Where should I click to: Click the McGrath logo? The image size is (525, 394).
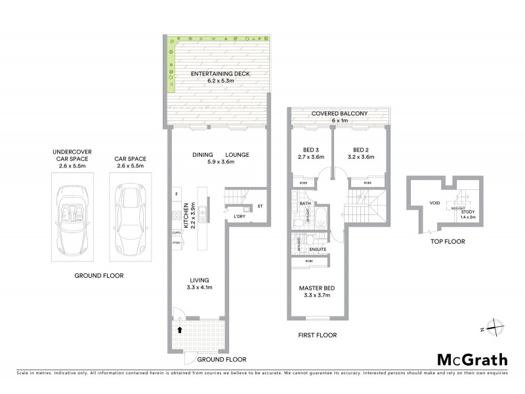[472, 359]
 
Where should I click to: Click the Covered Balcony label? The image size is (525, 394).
[339, 114]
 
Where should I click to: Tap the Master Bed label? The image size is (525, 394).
[318, 288]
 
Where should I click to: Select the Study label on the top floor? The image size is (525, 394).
[467, 211]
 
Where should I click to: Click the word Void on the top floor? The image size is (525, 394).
[434, 204]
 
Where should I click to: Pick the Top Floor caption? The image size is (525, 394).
[448, 241]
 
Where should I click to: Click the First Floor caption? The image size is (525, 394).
[318, 335]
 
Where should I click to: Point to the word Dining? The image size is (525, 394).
[203, 155]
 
